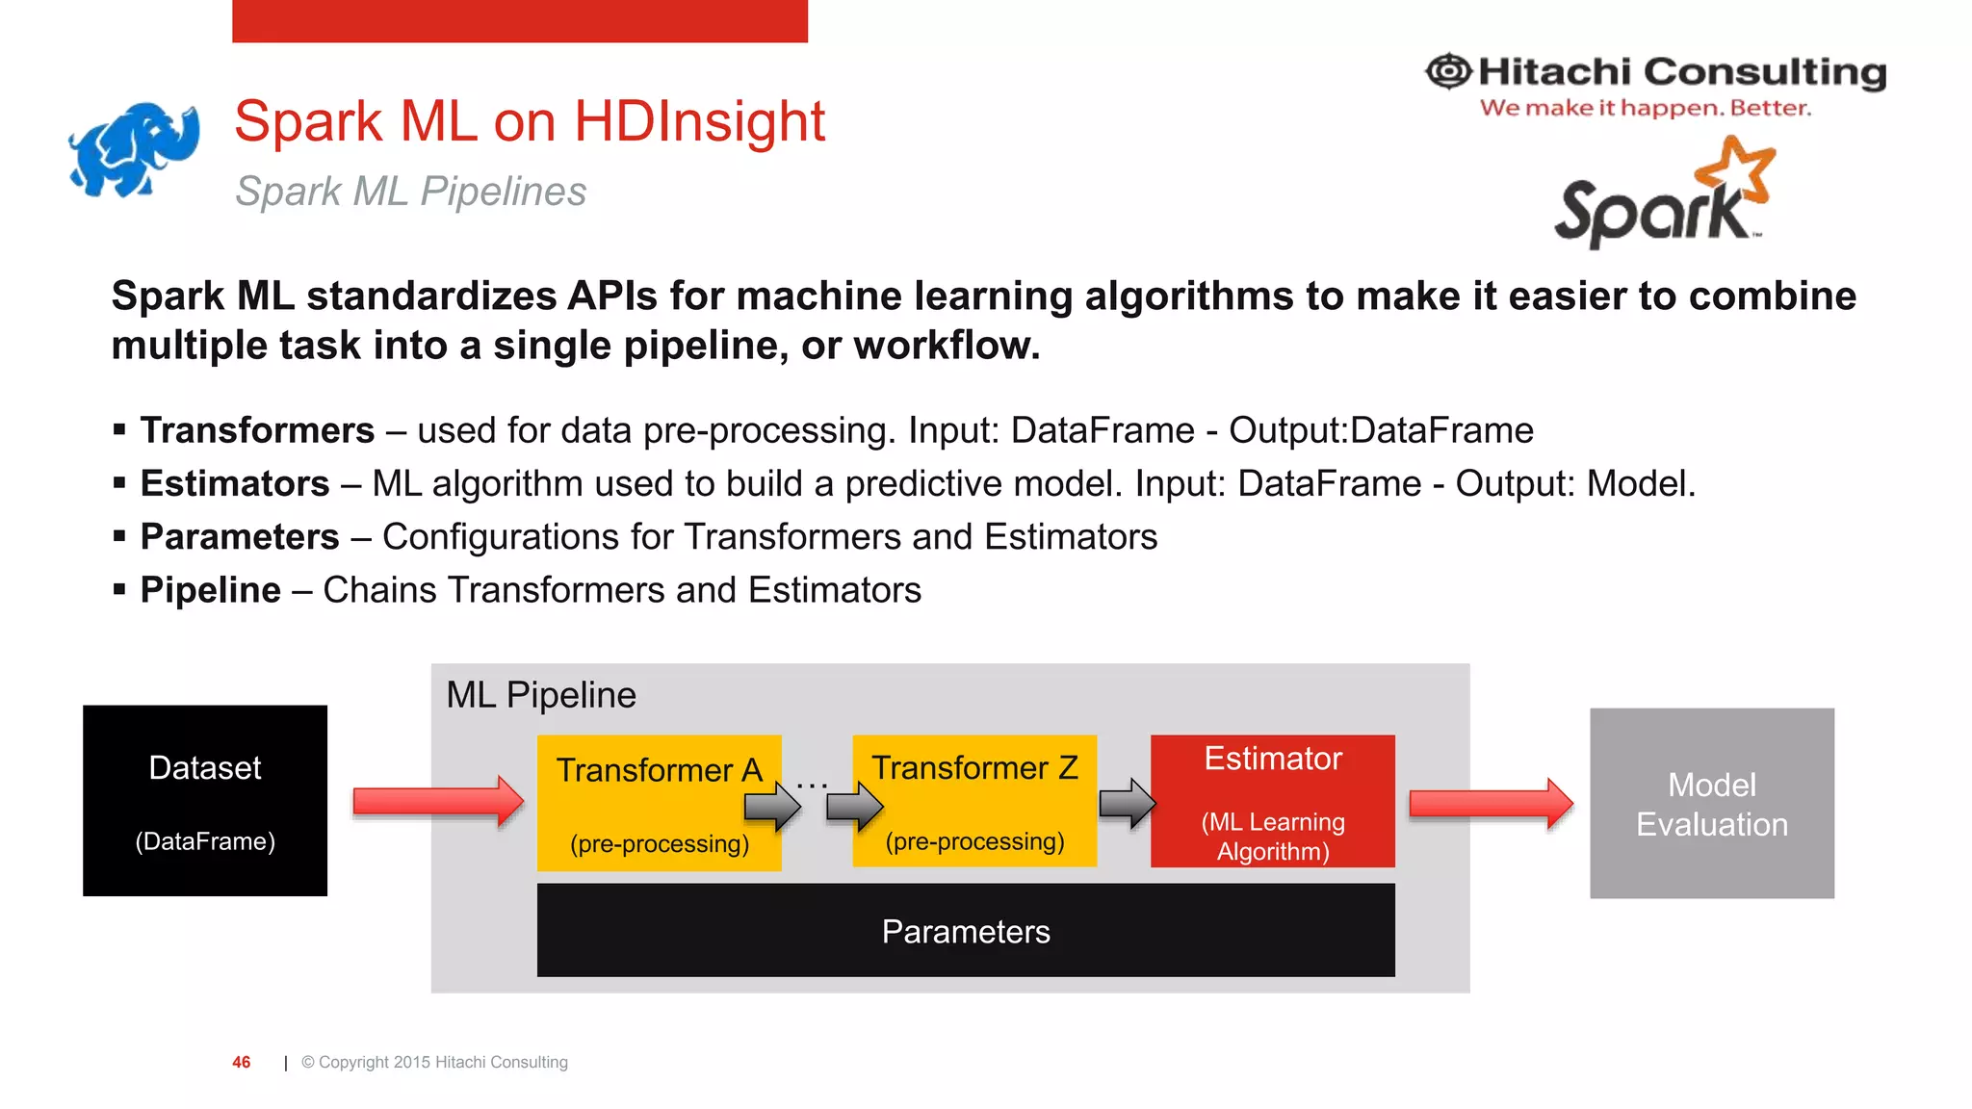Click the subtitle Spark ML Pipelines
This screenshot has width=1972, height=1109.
point(411,192)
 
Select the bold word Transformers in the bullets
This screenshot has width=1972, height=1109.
point(257,430)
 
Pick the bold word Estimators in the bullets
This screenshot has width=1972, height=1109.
point(235,483)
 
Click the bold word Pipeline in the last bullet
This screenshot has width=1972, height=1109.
point(211,590)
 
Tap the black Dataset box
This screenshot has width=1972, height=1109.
point(205,801)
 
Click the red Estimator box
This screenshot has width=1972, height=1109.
point(1273,801)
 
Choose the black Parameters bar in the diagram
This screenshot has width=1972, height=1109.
point(966,931)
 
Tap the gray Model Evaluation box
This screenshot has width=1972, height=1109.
point(1711,804)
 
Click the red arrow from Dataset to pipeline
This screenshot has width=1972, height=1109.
point(438,801)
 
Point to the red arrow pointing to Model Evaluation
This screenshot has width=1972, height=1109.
point(1491,803)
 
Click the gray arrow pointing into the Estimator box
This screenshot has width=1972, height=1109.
point(1127,804)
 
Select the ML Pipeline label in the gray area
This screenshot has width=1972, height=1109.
point(541,695)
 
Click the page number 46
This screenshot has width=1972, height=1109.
point(242,1062)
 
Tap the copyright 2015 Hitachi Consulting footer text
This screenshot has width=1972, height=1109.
point(434,1062)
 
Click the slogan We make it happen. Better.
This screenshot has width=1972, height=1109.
point(1645,108)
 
